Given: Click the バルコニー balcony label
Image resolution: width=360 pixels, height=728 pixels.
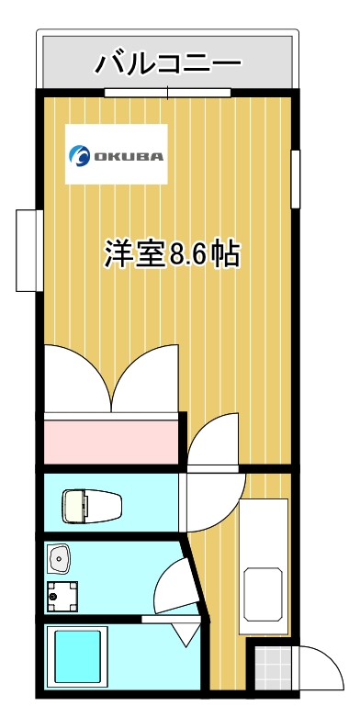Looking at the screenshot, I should (x=168, y=63).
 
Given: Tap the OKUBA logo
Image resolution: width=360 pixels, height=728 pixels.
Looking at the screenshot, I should (x=116, y=154).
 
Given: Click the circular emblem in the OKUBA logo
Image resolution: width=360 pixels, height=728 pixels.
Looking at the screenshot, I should (x=80, y=155).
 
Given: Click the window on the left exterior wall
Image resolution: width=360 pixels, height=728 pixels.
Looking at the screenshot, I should (x=28, y=251).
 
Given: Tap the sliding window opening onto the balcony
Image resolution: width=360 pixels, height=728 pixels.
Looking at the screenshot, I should (x=167, y=92).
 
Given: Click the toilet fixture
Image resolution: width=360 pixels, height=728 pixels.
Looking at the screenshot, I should (x=92, y=505).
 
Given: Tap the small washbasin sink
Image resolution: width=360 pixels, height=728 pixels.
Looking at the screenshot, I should (x=61, y=557).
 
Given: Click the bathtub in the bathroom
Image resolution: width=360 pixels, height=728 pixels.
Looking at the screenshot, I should (x=81, y=656).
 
